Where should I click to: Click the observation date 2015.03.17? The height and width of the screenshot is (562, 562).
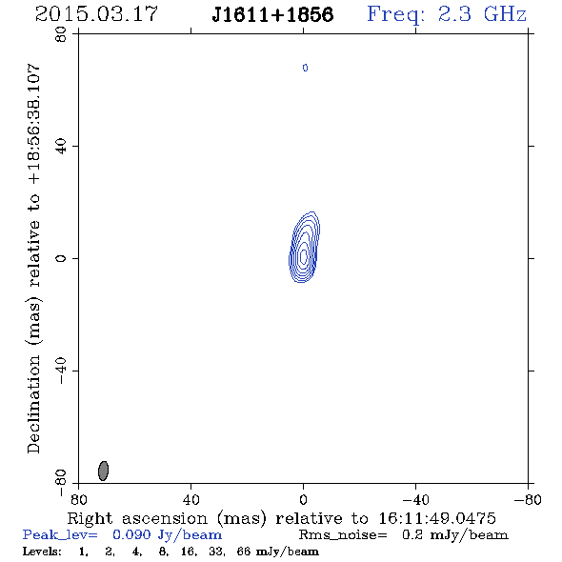click(x=96, y=14)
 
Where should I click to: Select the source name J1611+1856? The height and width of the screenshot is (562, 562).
click(x=272, y=15)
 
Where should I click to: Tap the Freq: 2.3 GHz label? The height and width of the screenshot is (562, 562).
click(x=447, y=15)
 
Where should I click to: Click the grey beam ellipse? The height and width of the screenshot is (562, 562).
click(x=103, y=471)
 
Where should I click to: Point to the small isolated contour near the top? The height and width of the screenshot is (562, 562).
click(x=305, y=68)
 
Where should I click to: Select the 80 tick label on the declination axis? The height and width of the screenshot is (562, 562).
click(x=61, y=34)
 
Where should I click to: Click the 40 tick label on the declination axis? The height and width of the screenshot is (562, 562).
click(x=61, y=147)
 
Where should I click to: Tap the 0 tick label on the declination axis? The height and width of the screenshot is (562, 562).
click(x=61, y=258)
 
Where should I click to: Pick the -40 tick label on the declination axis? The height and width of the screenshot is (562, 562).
click(x=61, y=371)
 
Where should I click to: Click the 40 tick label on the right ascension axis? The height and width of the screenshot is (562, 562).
click(x=191, y=500)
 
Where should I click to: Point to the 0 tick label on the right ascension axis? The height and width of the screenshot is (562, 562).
click(x=303, y=500)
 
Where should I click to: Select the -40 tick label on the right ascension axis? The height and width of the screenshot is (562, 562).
click(x=415, y=500)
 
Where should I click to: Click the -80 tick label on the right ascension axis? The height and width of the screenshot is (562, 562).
click(x=528, y=500)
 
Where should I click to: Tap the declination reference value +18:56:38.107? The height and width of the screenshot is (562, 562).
click(x=33, y=124)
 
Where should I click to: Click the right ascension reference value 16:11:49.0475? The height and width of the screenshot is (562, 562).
click(x=437, y=518)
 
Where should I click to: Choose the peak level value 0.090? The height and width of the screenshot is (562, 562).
click(x=131, y=534)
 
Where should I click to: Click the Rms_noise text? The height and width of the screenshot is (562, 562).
click(x=343, y=535)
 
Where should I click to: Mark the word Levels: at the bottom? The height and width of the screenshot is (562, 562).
click(x=42, y=551)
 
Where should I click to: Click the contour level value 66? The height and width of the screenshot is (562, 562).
click(x=243, y=551)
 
